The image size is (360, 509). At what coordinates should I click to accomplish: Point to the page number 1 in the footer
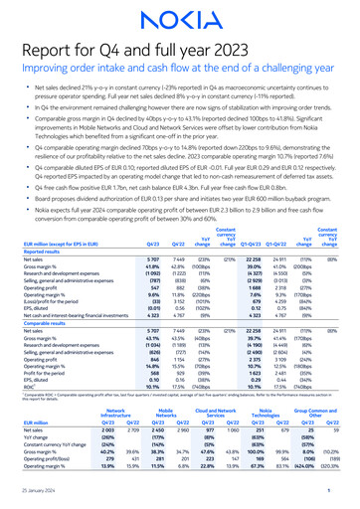[328, 498]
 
